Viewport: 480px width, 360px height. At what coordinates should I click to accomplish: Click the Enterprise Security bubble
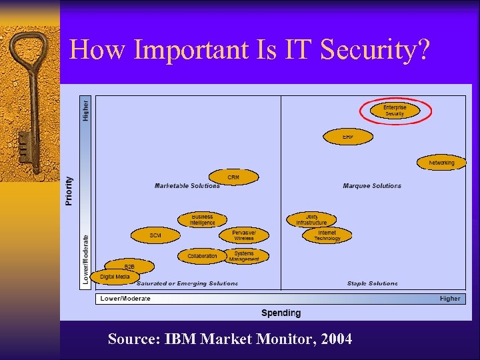coord(395,111)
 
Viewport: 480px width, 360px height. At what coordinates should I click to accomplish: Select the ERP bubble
coord(348,136)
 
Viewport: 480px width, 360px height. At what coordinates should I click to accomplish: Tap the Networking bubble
coord(441,163)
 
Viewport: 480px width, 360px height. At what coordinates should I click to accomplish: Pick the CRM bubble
coord(233,177)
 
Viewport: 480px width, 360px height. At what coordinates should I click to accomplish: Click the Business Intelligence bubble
coord(202,219)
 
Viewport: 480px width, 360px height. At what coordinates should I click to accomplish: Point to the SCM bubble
coord(155,235)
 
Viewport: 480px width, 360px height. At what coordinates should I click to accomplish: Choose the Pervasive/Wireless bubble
coord(243,235)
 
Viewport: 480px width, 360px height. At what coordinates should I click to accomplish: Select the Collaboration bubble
coord(202,256)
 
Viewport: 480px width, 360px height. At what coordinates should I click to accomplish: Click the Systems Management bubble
coord(245,256)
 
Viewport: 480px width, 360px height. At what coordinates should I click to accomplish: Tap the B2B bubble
coord(129,267)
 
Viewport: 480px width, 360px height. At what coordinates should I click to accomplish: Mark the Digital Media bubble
coord(115,277)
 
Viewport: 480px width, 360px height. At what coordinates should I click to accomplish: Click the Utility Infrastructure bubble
coord(311,219)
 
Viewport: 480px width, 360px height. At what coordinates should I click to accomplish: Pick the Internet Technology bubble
coord(327,235)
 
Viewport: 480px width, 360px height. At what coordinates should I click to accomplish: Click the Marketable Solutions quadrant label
coord(187,186)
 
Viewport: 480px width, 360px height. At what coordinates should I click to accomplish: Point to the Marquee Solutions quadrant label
coord(372,186)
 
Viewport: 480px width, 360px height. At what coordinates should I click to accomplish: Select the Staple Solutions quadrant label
coord(372,283)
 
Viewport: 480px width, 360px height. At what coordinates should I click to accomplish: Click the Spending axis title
coord(281,313)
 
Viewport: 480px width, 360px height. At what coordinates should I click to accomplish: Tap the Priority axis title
coord(70,191)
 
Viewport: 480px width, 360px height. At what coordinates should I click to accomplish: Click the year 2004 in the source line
coord(336,339)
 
